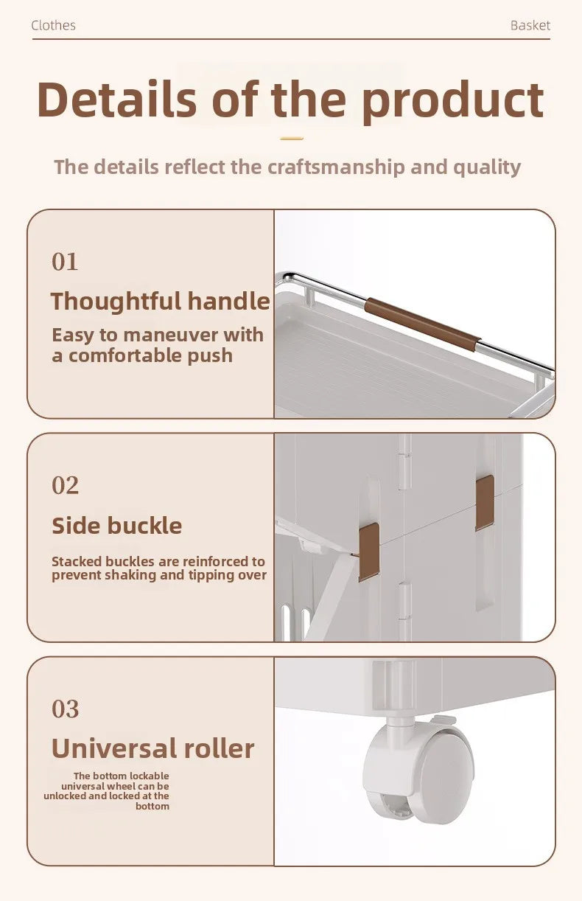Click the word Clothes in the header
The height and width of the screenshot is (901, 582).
(54, 25)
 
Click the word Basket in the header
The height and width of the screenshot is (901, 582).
(530, 25)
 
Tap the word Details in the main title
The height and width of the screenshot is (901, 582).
(117, 100)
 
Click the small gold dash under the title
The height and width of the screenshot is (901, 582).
(292, 139)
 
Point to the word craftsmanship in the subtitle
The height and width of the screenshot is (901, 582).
(336, 167)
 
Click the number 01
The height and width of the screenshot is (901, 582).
(65, 262)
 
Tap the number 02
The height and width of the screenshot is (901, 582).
(65, 485)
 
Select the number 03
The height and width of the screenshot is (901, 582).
(65, 709)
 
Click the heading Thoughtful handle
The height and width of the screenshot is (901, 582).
(161, 302)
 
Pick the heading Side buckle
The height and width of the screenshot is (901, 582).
(117, 526)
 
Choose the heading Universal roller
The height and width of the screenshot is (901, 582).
(153, 748)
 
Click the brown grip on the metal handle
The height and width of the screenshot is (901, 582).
(423, 321)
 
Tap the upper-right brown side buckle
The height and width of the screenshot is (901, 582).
(485, 503)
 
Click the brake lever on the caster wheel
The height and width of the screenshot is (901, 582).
(443, 720)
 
